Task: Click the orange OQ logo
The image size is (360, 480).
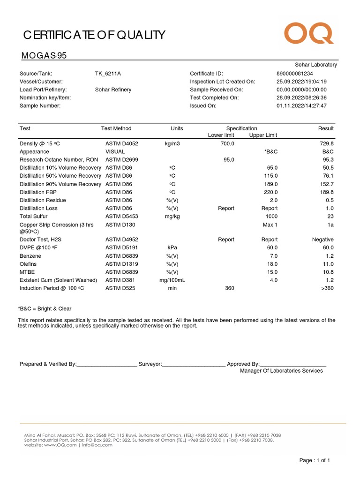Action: [308, 34]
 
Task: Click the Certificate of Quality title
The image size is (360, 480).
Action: [94, 35]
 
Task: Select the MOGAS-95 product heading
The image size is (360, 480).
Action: [44, 56]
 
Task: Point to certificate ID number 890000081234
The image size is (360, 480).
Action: [295, 74]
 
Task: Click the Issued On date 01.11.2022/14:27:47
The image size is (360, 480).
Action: [301, 106]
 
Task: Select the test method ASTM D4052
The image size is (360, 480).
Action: [121, 144]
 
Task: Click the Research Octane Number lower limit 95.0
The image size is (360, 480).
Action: [229, 160]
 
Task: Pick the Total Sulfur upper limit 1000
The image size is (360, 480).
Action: [271, 217]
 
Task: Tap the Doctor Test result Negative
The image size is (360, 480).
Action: [322, 240]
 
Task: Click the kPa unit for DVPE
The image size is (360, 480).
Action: [172, 247]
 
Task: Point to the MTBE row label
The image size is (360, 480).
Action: [27, 272]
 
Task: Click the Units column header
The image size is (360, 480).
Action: [177, 128]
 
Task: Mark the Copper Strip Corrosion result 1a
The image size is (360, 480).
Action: [330, 225]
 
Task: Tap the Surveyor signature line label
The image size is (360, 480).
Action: [150, 364]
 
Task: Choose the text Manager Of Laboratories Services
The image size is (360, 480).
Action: [281, 371]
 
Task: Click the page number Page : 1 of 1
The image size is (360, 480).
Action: [315, 461]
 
